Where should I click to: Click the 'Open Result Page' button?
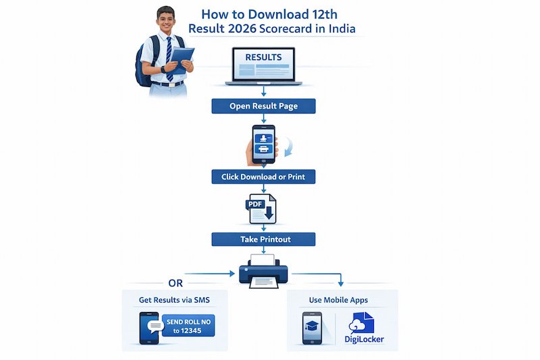263,106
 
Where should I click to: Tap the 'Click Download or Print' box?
263,177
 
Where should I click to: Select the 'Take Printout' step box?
263,239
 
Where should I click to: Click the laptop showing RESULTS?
263,66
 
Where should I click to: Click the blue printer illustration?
263,272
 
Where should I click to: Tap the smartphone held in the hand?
263,144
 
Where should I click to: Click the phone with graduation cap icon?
312,329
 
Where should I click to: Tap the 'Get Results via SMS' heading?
174,299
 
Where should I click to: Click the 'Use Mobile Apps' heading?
342,299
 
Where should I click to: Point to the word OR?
175,283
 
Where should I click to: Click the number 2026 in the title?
246,29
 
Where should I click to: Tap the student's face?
165,22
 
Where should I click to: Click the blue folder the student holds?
182,57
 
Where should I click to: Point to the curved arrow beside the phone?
286,145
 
